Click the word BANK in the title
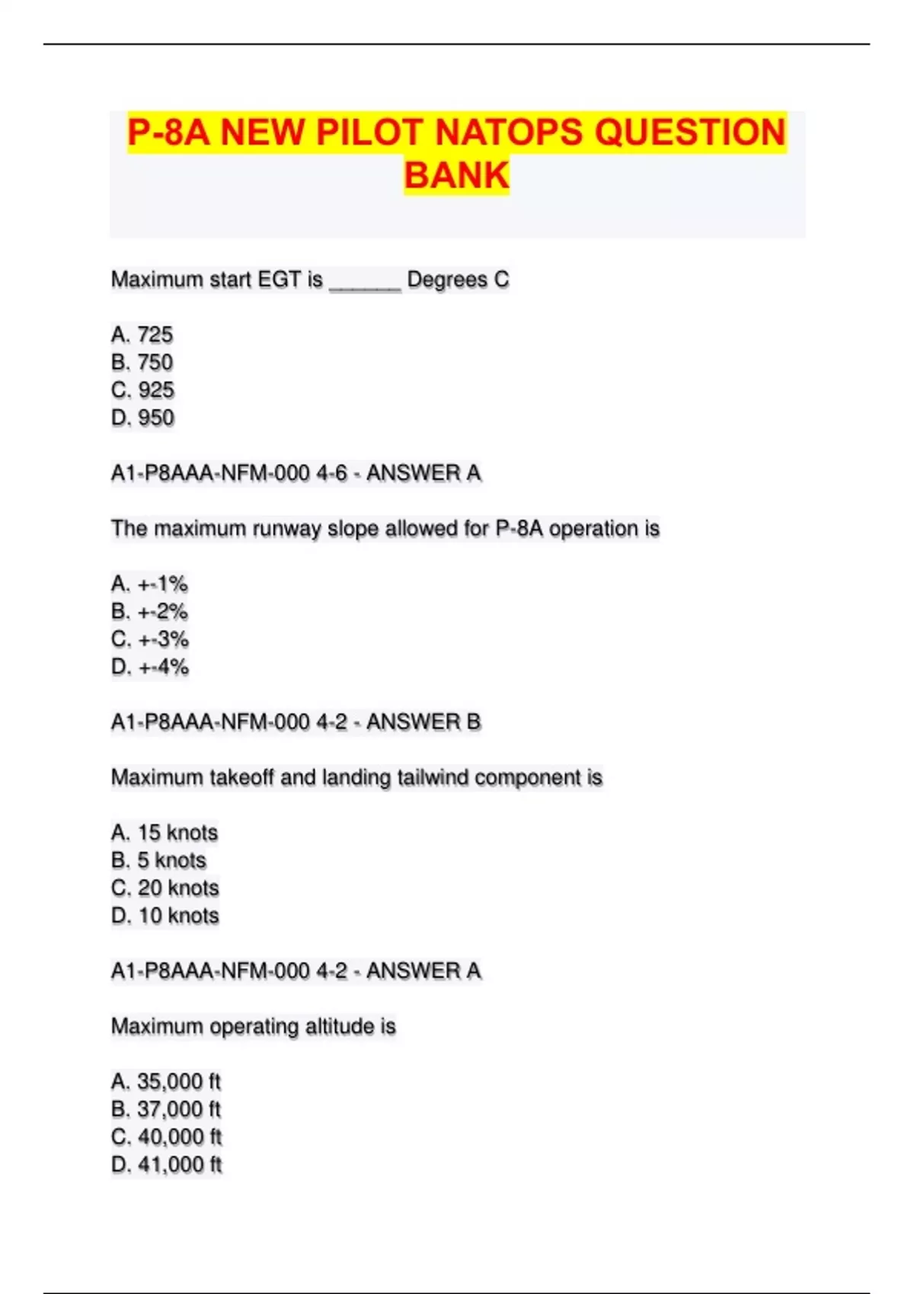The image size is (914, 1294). coord(456,175)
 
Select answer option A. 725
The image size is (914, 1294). coord(142,335)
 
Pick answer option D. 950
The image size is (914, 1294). coord(142,418)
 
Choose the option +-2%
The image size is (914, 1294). coord(149,612)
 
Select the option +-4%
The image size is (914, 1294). coord(149,668)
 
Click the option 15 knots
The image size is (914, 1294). coord(165,833)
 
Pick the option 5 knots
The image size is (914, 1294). coord(159,861)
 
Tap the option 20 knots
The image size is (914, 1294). coord(165,888)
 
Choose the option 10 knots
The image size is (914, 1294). coord(165,916)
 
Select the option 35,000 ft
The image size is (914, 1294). coord(166,1082)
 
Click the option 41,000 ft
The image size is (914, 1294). coord(166,1165)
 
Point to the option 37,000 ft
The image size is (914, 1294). coord(166,1110)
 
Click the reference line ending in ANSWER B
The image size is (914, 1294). coord(296,722)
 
